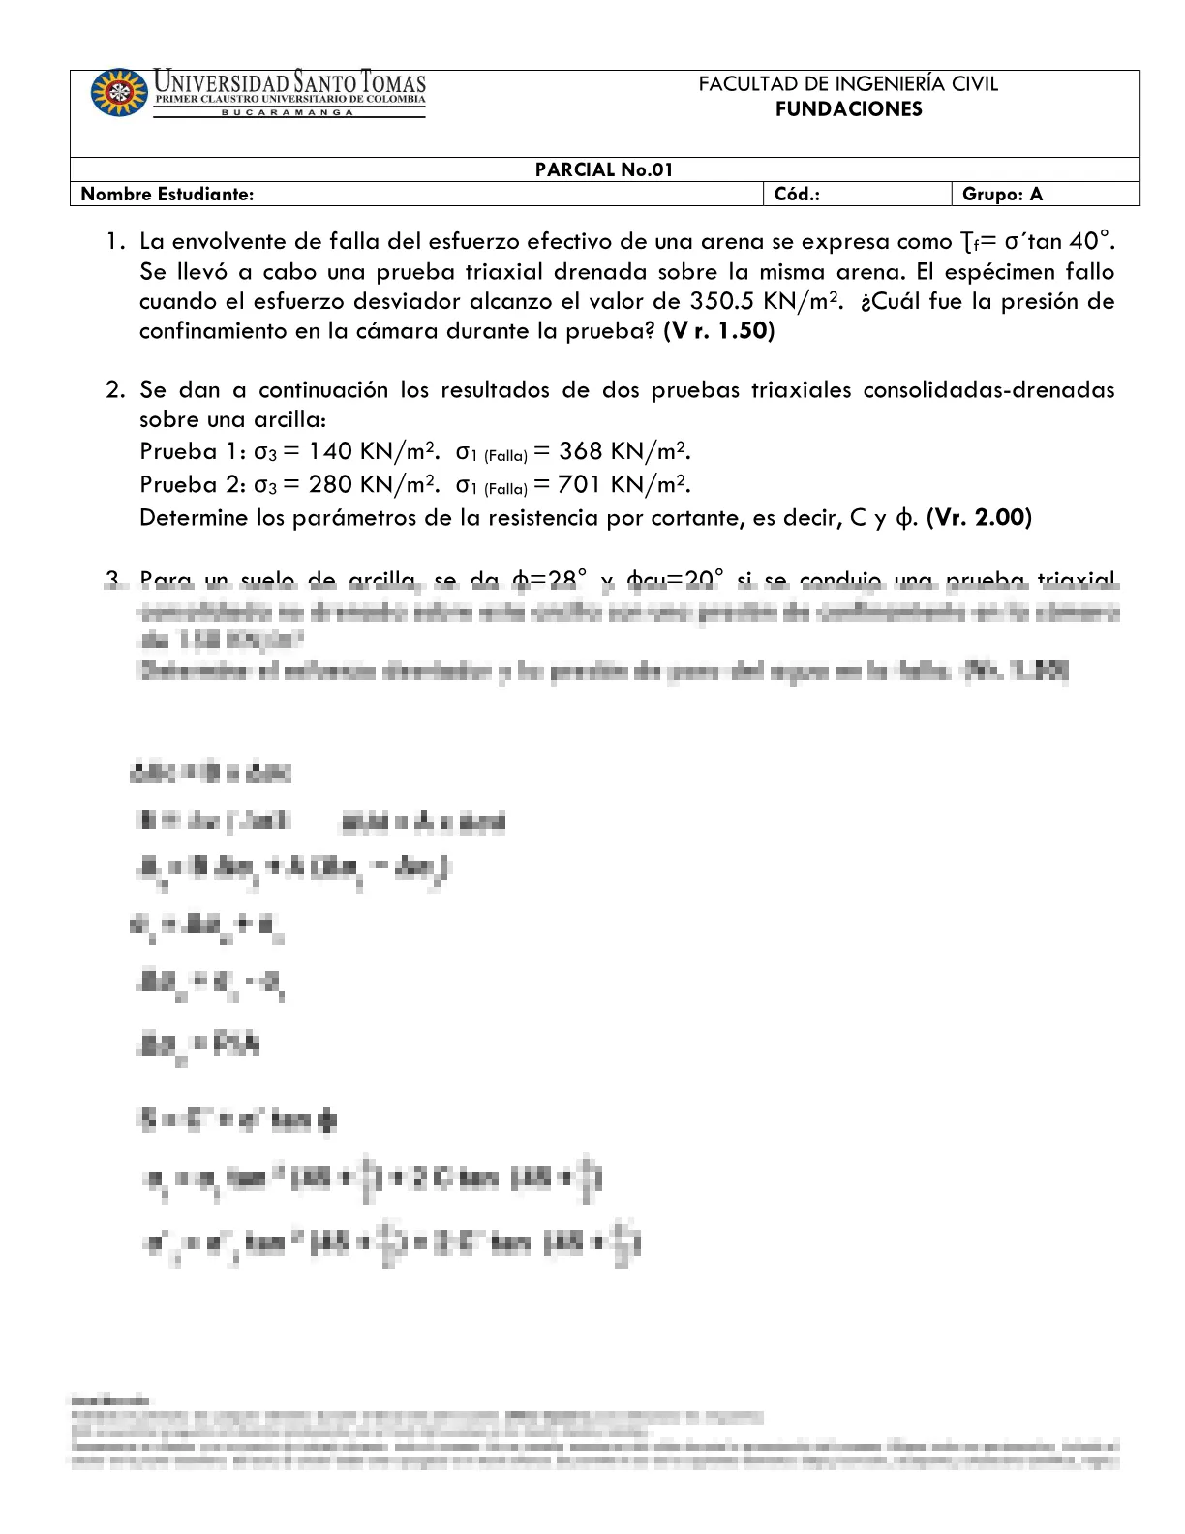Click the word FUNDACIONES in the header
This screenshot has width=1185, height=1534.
tap(848, 109)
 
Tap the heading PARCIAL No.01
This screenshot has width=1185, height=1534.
tap(604, 170)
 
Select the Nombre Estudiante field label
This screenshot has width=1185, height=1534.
tap(167, 195)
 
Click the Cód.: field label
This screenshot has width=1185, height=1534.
tap(797, 195)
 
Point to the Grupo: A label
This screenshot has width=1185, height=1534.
tap(1002, 195)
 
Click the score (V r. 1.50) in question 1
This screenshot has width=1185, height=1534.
tap(718, 331)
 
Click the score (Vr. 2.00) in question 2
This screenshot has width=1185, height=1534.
tap(979, 518)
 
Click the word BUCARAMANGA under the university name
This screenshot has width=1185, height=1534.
tap(289, 112)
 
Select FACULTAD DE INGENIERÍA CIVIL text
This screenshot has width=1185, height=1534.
tap(848, 84)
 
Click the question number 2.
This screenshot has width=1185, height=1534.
tap(115, 390)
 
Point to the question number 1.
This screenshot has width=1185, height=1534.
tap(115, 241)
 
